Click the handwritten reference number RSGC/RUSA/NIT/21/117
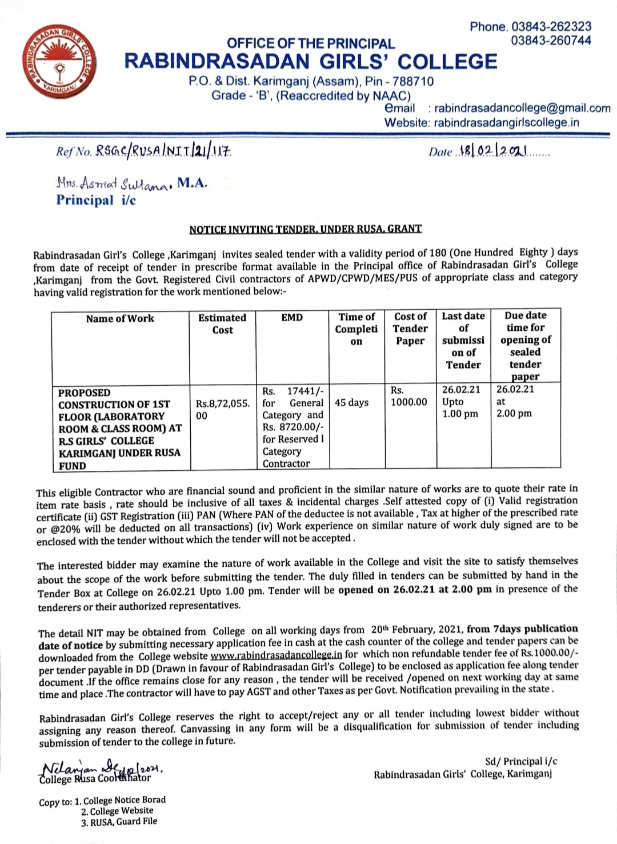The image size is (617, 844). (163, 151)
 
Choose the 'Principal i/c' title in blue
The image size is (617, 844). (96, 200)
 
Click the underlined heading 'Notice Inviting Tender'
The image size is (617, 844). (305, 229)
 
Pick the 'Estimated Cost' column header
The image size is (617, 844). (222, 323)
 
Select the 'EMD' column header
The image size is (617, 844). (292, 318)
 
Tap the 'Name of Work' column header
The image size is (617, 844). (120, 318)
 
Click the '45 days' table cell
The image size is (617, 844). (352, 402)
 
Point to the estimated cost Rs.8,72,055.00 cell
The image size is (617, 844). (222, 409)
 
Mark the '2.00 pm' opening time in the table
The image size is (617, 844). (514, 413)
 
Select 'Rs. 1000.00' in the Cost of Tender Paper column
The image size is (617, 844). (408, 396)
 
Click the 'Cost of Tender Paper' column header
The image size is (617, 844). (410, 329)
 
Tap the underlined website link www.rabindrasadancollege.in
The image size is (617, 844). (277, 655)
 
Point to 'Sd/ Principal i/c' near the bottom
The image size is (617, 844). (520, 761)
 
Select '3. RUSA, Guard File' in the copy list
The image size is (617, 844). (119, 822)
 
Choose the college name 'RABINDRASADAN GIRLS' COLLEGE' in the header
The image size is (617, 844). (311, 62)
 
